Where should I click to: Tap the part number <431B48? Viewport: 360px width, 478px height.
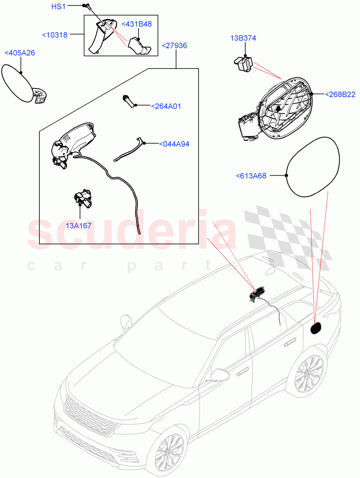(x=136, y=24)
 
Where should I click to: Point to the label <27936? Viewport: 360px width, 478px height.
(x=174, y=46)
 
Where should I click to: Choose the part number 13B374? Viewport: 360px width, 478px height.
(x=243, y=39)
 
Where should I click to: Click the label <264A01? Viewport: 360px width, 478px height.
(x=166, y=106)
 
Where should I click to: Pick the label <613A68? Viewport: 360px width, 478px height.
(x=251, y=175)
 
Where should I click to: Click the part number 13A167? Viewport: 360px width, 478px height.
(x=78, y=226)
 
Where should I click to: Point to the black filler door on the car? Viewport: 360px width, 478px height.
(x=316, y=327)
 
